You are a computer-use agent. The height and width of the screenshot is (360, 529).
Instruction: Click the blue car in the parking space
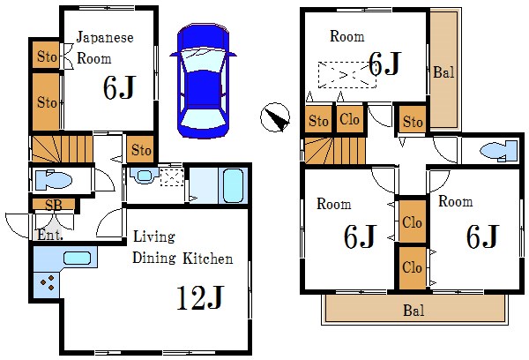tap(203, 81)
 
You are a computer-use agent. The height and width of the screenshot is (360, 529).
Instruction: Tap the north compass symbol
tap(275, 117)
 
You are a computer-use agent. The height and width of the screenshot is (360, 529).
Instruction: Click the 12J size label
tap(200, 298)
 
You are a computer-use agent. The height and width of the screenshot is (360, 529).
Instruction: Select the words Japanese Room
tap(105, 48)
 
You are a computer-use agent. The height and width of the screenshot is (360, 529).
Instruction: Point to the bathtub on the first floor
tap(233, 185)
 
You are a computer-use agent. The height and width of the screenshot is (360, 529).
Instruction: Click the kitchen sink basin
tap(77, 259)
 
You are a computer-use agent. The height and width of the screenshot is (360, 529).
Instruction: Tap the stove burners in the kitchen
tap(48, 282)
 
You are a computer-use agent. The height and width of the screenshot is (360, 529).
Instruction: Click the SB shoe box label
tap(54, 205)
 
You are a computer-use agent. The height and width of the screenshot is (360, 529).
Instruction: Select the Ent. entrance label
tap(50, 235)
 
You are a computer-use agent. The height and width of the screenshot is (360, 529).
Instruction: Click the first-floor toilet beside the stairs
tap(53, 180)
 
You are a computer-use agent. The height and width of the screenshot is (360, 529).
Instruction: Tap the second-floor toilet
tap(499, 150)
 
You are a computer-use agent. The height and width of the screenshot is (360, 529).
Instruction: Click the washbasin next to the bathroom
tap(145, 175)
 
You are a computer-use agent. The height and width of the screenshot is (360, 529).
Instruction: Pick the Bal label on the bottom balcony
tap(414, 311)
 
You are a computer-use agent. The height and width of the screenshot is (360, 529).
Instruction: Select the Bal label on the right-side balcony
tap(443, 72)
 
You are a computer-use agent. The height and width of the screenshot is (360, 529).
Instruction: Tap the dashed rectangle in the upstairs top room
tap(347, 75)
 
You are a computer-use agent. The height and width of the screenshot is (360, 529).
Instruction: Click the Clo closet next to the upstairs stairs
tap(349, 119)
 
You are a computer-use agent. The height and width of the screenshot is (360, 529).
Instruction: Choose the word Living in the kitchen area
tap(154, 236)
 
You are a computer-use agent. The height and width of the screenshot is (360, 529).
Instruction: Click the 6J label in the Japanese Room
tap(120, 87)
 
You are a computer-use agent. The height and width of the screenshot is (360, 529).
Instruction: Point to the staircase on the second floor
tap(335, 150)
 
